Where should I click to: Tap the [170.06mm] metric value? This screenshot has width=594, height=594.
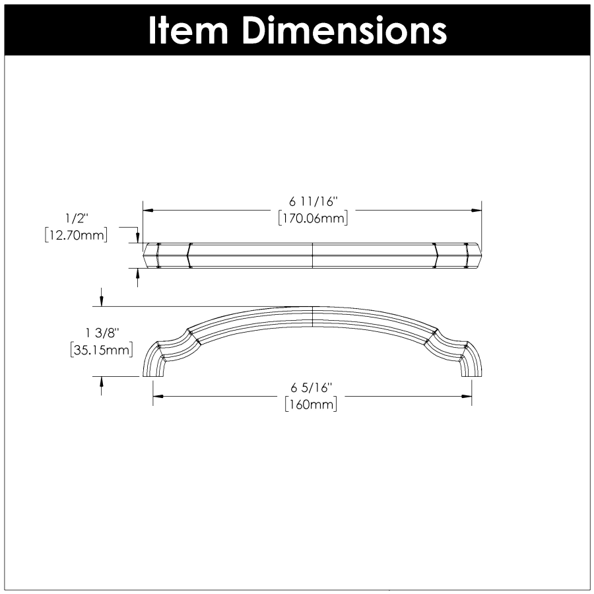tap(312, 218)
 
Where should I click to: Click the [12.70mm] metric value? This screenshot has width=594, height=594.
tap(76, 234)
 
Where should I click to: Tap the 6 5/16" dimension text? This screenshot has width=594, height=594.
tap(311, 388)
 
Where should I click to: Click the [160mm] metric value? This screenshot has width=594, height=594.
tap(311, 404)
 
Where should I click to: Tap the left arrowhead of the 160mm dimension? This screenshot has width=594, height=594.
tap(158, 397)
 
